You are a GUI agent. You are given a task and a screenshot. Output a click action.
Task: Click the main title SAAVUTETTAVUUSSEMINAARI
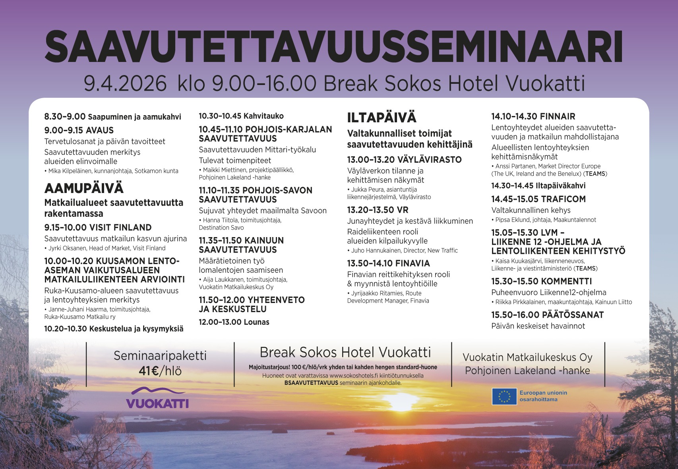(334, 46)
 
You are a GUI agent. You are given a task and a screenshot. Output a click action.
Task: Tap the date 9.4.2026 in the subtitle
(125, 84)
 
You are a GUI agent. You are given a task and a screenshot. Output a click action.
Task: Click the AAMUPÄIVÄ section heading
(84, 188)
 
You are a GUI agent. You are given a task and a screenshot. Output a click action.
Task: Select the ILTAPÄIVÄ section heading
(382, 118)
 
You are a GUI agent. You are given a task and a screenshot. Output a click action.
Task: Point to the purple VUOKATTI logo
(157, 398)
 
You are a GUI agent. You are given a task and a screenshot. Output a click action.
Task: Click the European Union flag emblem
(504, 396)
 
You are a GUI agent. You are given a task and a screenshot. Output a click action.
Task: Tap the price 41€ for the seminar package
(149, 371)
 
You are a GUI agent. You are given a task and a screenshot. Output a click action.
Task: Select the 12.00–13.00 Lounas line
(234, 322)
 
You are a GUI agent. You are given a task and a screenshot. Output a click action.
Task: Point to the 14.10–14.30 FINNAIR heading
(533, 116)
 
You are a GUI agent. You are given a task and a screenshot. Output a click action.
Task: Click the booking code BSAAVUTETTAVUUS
(311, 383)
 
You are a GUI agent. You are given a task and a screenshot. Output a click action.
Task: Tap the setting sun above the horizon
(401, 401)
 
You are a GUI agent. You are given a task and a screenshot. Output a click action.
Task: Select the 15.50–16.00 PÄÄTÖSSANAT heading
(547, 315)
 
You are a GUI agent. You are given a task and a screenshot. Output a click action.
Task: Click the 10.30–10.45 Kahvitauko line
(241, 116)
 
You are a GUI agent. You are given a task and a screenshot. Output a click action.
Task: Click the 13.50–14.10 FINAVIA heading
(388, 263)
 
